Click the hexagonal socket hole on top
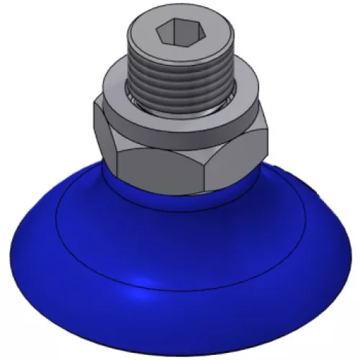173,33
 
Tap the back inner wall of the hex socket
173,27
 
